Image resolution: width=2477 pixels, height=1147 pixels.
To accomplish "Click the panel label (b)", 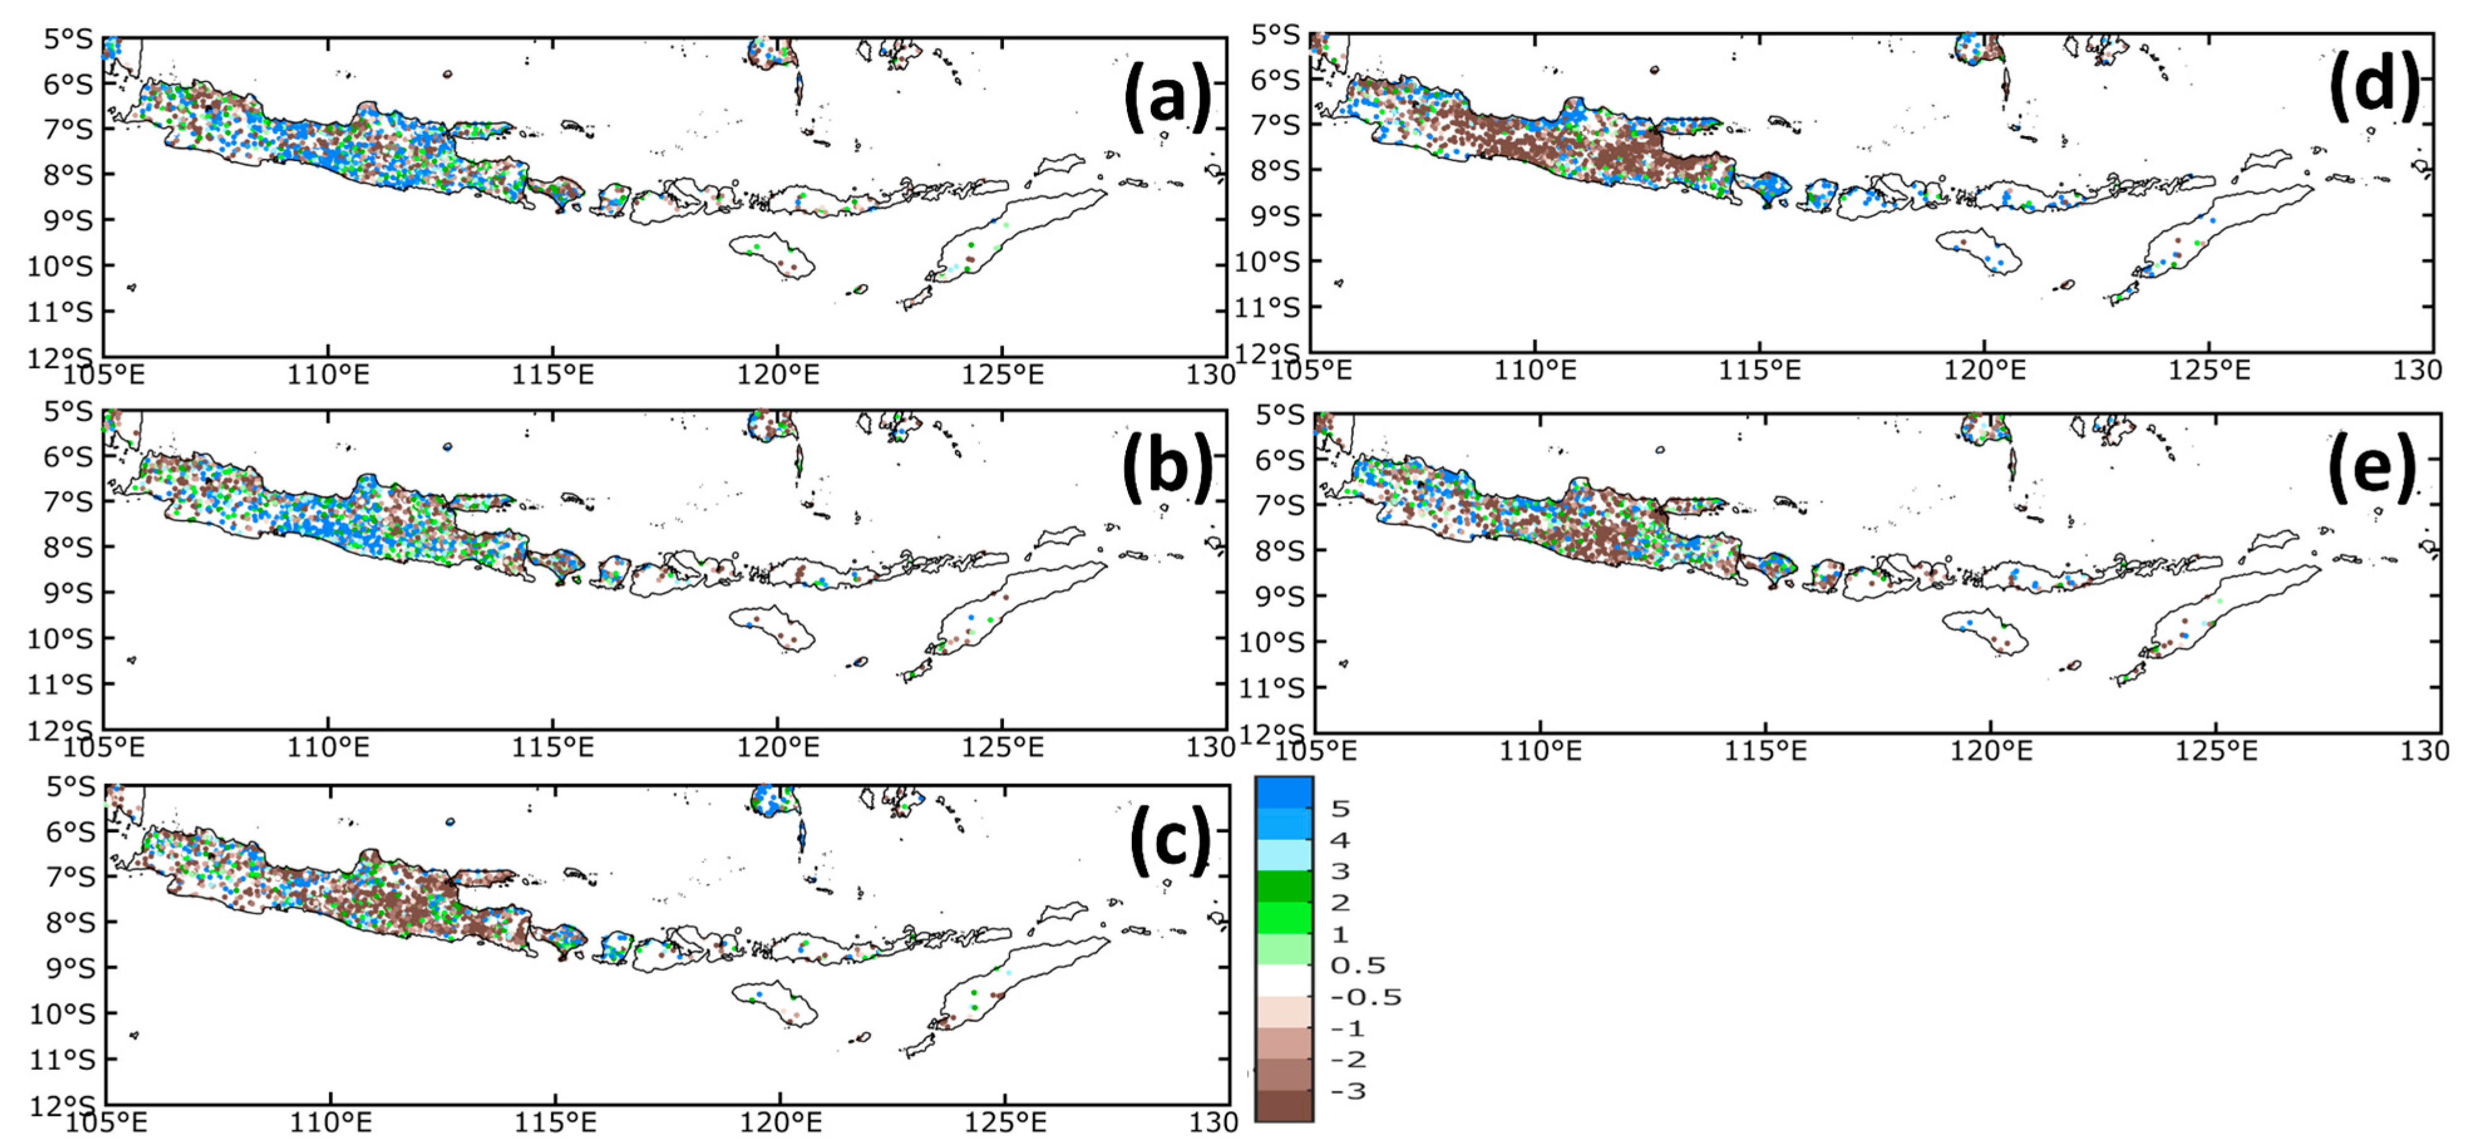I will tap(1166, 468).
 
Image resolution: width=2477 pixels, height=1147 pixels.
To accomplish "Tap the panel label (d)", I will tap(2373, 88).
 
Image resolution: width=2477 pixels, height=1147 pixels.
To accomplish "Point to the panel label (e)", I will tap(2371, 468).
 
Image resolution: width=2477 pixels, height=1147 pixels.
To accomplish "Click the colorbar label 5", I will tap(1339, 808).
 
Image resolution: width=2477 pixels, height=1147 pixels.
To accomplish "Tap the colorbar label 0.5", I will tap(1358, 965).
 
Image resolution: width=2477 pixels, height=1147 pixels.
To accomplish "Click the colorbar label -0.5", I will tap(1365, 997).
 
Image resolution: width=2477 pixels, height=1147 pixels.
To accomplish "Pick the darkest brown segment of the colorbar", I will tap(1284, 1106).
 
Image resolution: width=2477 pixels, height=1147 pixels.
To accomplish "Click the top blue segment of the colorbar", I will tap(1284, 793).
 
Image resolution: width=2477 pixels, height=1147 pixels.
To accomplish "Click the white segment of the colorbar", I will tap(1284, 981).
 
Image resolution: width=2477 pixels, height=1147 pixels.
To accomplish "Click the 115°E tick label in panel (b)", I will tap(553, 747).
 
